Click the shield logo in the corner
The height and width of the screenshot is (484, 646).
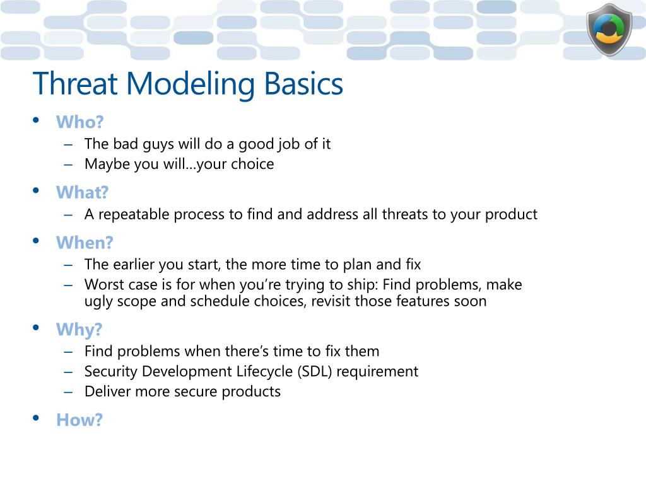[609, 30]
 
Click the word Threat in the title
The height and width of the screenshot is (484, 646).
[76, 84]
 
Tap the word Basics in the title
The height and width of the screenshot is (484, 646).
[303, 84]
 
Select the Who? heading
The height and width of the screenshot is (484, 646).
[80, 122]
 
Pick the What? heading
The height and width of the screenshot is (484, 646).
[83, 192]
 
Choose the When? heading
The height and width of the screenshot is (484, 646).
[85, 243]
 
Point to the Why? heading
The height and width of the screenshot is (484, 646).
[79, 330]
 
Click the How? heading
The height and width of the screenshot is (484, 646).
[79, 420]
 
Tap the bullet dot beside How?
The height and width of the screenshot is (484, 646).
[36, 418]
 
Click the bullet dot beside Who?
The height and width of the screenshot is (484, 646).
[36, 120]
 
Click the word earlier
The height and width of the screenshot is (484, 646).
[133, 264]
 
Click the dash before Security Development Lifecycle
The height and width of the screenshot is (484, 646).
[68, 372]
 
